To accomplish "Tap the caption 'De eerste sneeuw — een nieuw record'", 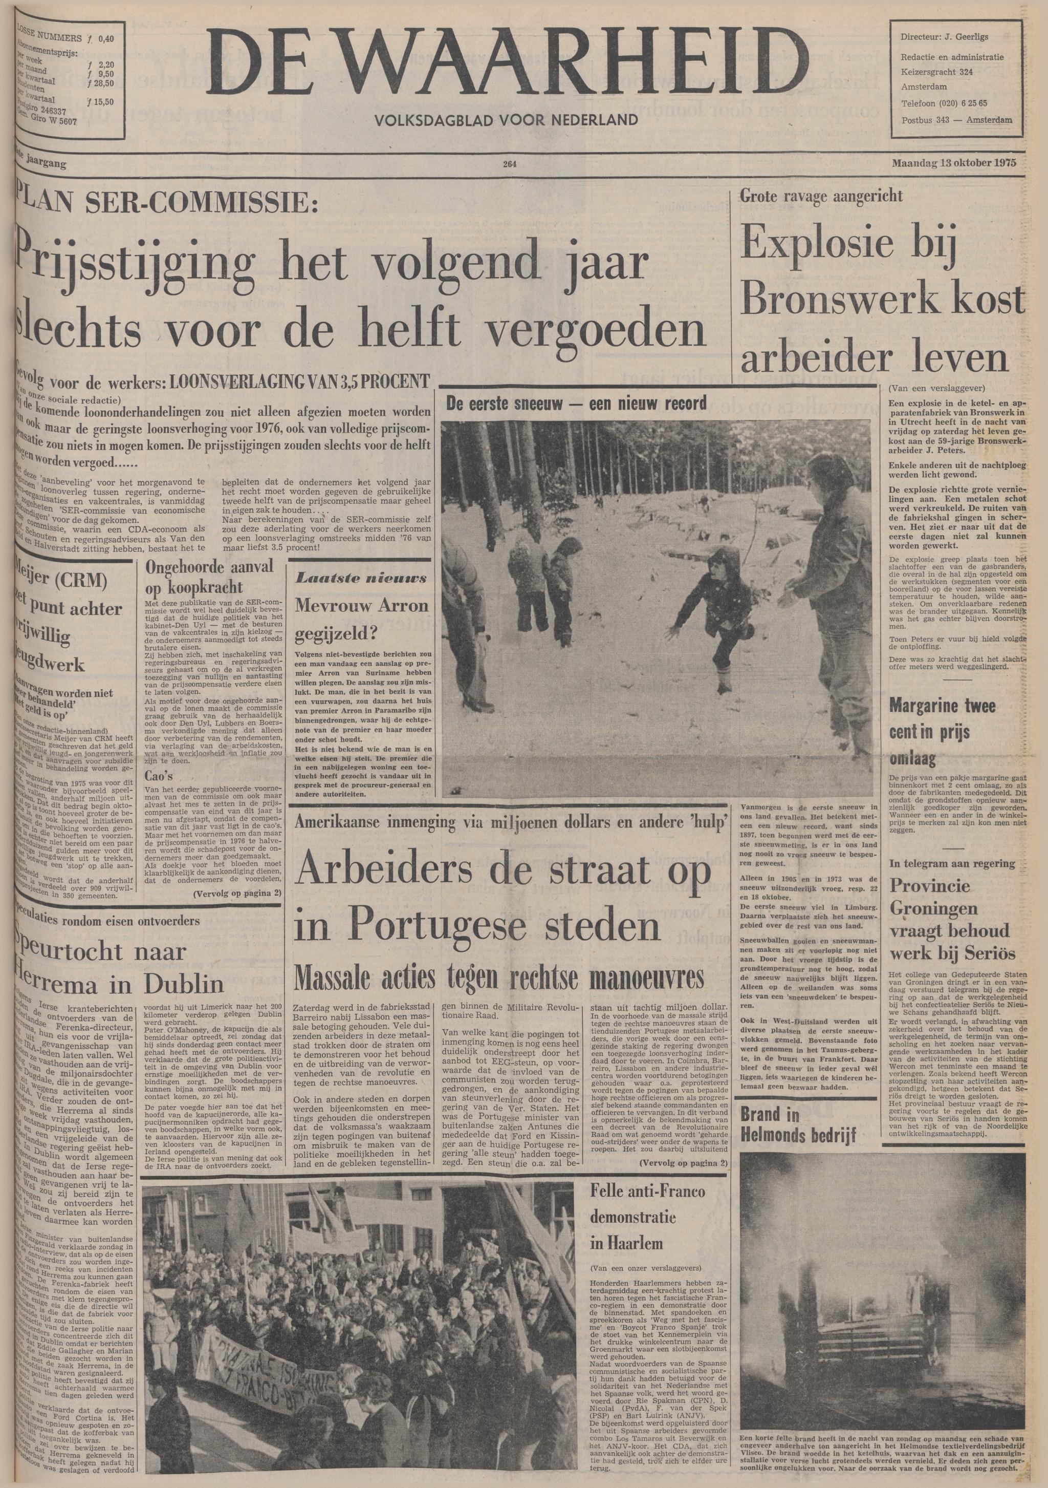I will (576, 403).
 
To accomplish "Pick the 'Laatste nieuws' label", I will (361, 578).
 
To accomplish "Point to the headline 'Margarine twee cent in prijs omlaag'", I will (933, 731).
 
